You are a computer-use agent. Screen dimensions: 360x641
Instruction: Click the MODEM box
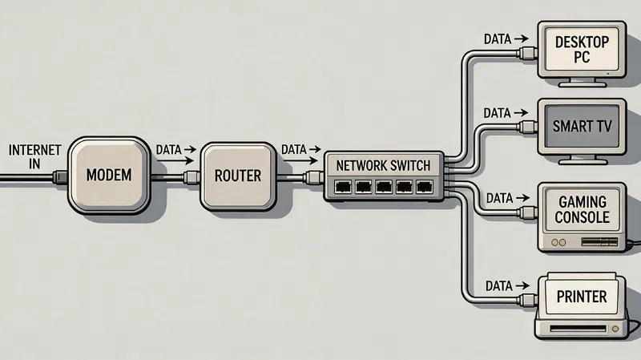click(108, 175)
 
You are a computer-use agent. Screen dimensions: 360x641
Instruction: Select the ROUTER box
click(237, 175)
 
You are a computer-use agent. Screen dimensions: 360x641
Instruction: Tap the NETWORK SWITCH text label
click(383, 165)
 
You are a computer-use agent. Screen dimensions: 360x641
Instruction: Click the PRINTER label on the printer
click(583, 297)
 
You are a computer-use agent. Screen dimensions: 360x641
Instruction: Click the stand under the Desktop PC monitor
click(583, 83)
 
